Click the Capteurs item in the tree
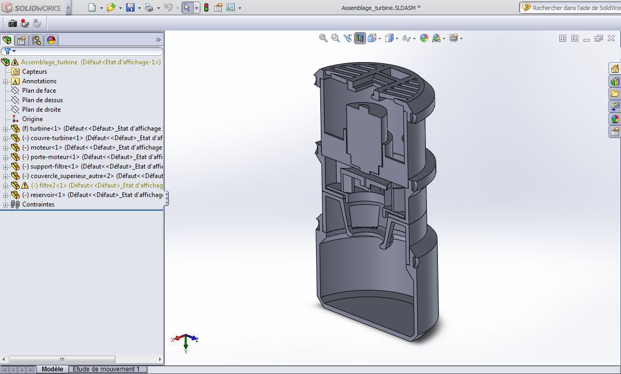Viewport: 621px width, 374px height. click(34, 72)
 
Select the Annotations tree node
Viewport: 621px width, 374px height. click(39, 81)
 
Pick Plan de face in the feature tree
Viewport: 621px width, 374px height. click(39, 91)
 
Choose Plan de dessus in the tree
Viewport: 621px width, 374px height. click(42, 100)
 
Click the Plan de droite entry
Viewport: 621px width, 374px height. click(41, 110)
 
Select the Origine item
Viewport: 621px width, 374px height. click(32, 119)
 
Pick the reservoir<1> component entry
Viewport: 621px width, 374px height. click(48, 195)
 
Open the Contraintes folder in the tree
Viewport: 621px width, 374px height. click(38, 204)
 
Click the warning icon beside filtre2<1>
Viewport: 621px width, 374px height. click(25, 185)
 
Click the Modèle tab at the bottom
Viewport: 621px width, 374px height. click(52, 369)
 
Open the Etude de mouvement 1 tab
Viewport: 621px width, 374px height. click(106, 369)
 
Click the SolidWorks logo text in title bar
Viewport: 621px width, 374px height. click(36, 8)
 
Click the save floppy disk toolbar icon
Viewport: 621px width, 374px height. click(130, 8)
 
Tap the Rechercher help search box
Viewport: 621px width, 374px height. click(575, 8)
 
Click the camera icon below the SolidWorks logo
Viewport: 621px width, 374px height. click(12, 23)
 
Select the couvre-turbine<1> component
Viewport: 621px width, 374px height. click(56, 138)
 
